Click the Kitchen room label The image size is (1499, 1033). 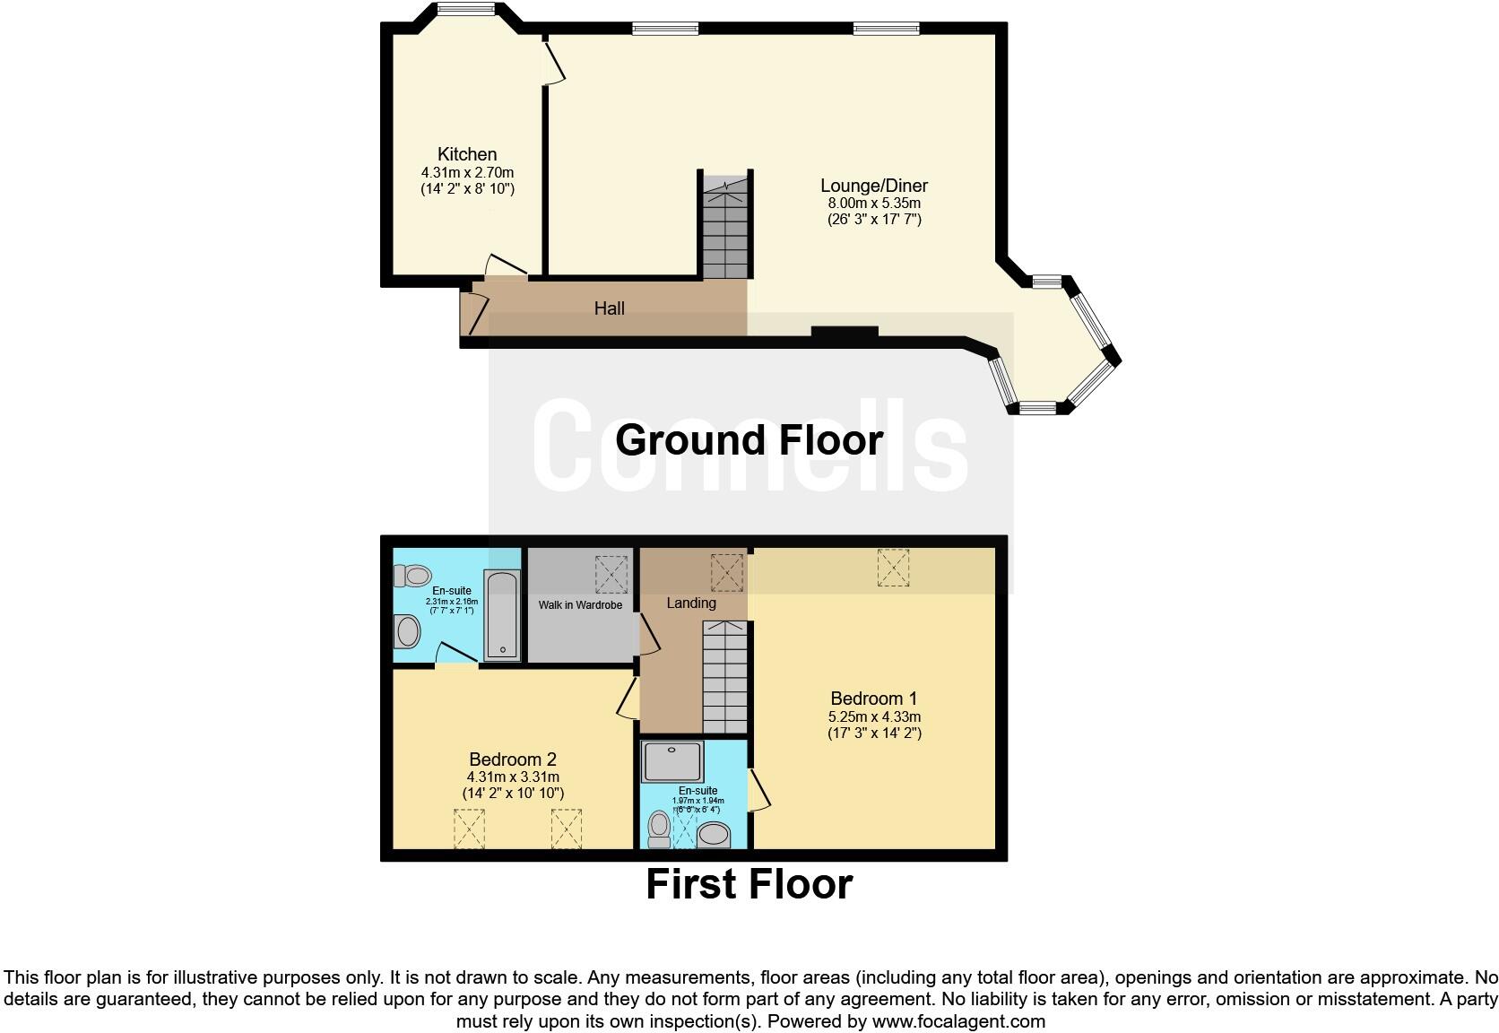[466, 154]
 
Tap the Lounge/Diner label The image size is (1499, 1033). [874, 186]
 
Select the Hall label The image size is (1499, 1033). [609, 308]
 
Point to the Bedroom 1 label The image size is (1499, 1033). [873, 699]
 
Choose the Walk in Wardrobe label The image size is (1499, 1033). [580, 605]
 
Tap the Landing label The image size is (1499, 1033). [690, 603]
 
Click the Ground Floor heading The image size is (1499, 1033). [749, 440]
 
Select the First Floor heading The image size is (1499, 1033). [749, 884]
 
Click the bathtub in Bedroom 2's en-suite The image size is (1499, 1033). [502, 615]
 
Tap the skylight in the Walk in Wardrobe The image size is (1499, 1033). [611, 574]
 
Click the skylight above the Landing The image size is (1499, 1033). [726, 572]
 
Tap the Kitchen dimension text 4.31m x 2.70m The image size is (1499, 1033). [467, 172]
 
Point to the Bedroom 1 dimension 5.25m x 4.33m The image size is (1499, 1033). [874, 716]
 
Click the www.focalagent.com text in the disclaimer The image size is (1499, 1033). [959, 1020]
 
